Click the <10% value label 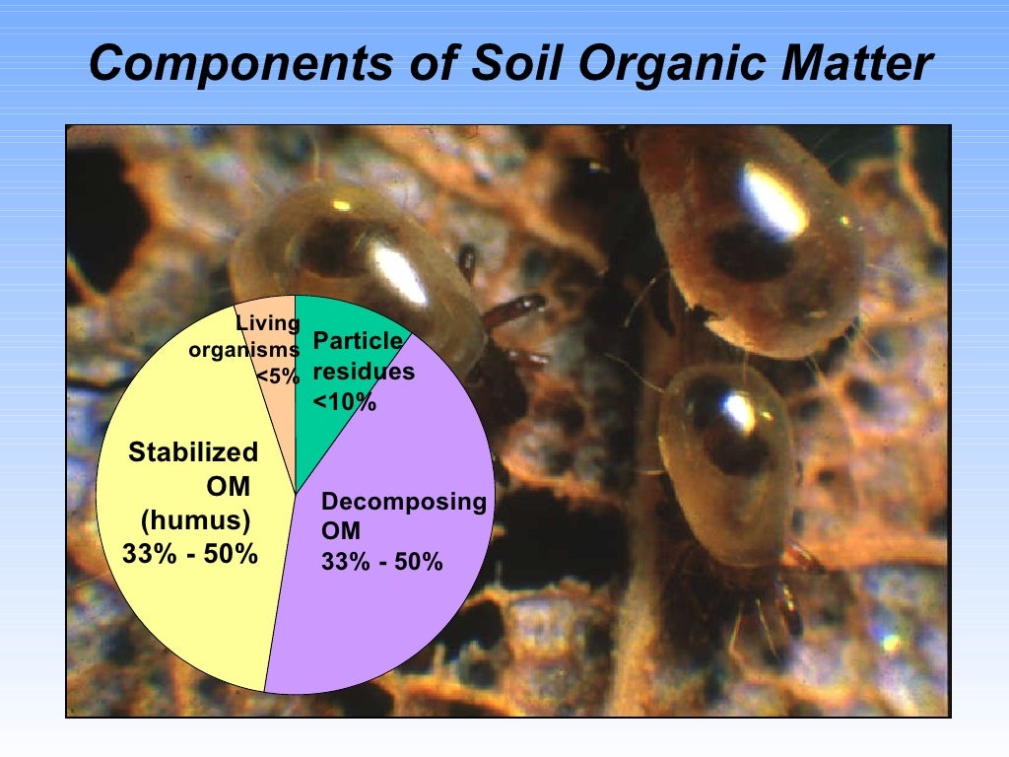(345, 401)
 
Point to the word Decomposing (404, 503)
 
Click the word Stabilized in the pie (193, 452)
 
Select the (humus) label (195, 519)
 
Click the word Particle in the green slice (357, 342)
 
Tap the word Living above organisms (266, 323)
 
